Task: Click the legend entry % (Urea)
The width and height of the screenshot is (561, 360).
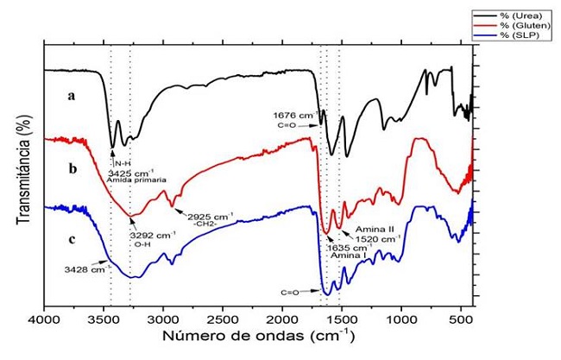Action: (x=515, y=14)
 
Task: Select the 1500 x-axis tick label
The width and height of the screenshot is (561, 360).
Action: (x=342, y=319)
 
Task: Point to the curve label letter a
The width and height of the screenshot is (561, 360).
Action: (x=72, y=97)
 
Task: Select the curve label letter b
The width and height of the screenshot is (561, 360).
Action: (x=72, y=170)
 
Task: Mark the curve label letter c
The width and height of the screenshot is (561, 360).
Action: (x=72, y=238)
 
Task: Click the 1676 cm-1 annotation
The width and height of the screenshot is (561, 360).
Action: (x=292, y=113)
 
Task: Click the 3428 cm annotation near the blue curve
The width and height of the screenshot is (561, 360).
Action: (x=83, y=268)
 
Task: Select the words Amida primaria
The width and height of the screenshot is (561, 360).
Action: (x=137, y=180)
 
